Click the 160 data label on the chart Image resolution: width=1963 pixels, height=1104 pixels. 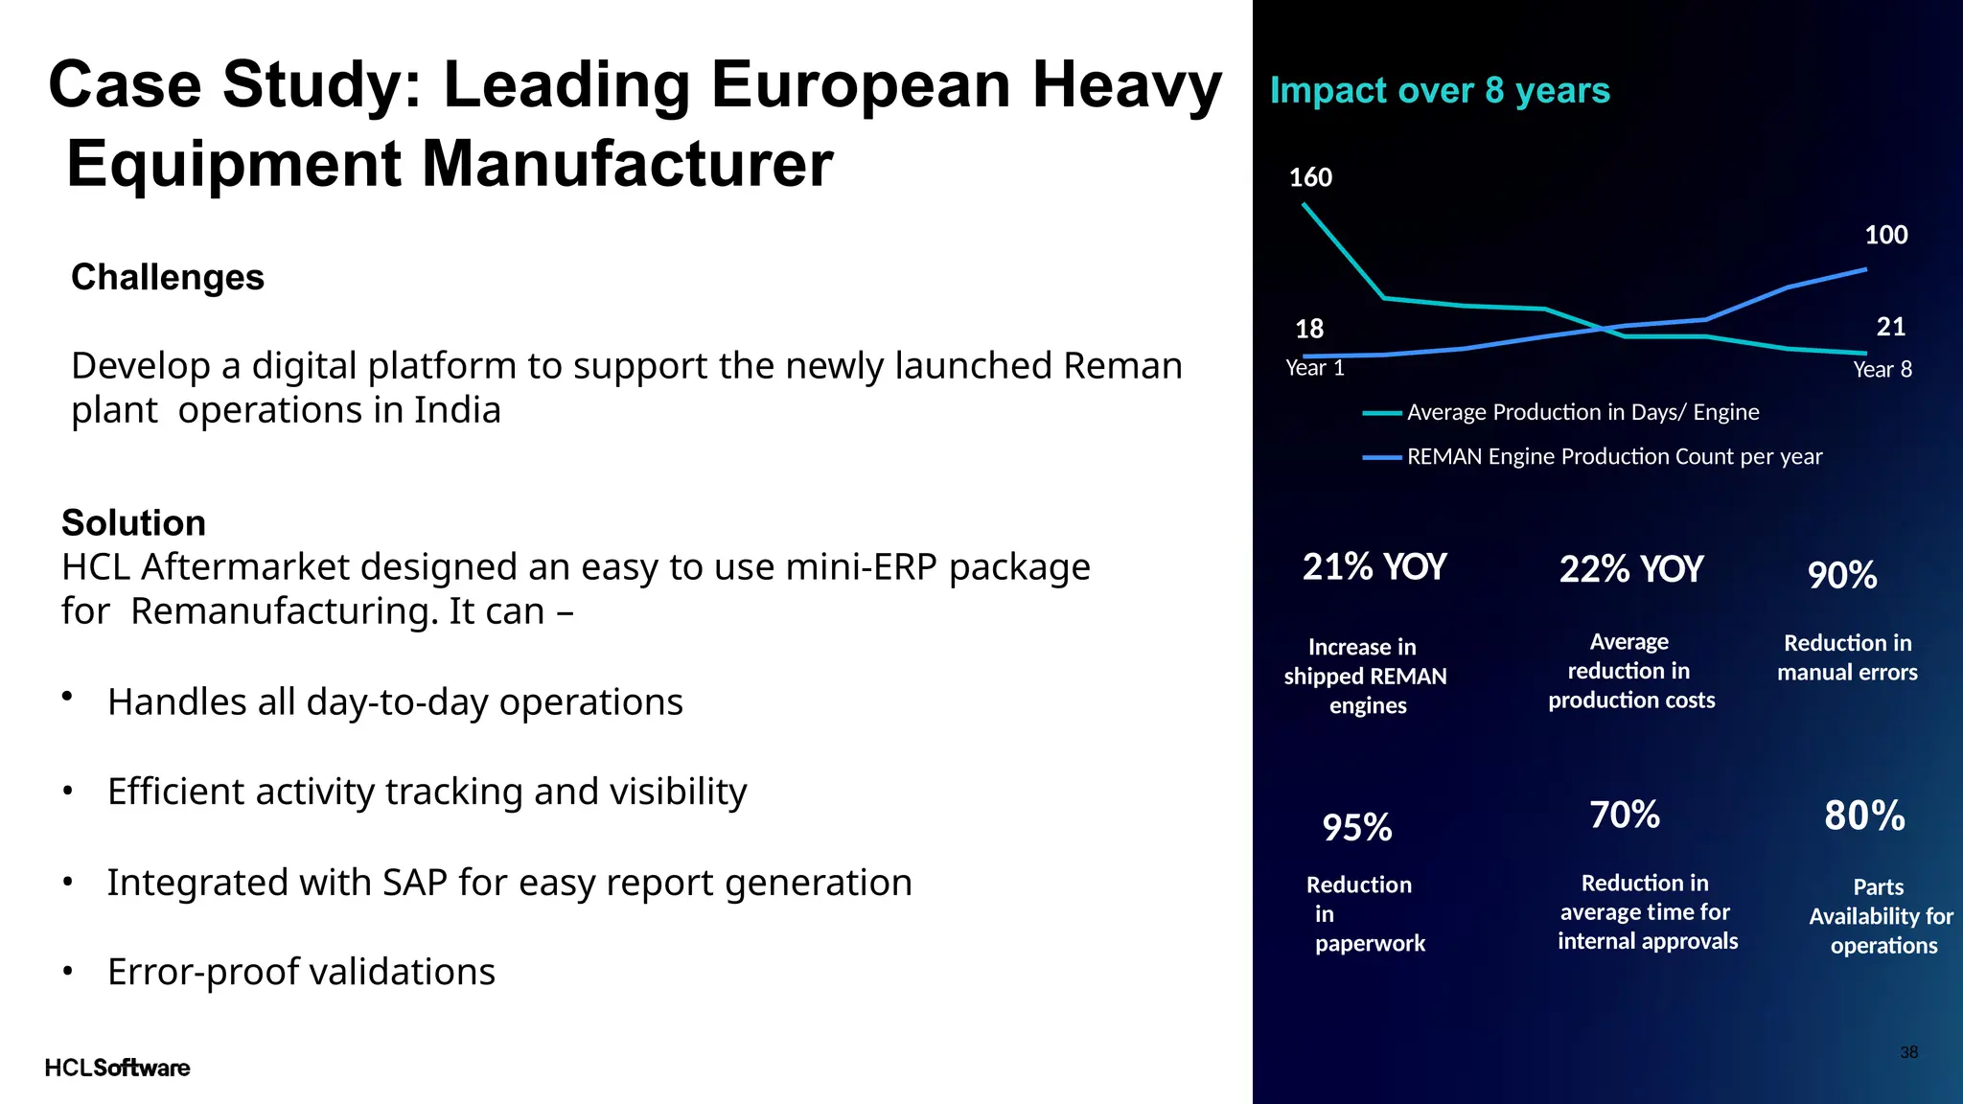pyautogui.click(x=1310, y=177)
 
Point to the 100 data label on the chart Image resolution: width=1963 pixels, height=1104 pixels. pyautogui.click(x=1885, y=235)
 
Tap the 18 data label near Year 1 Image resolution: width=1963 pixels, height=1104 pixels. pyautogui.click(x=1309, y=329)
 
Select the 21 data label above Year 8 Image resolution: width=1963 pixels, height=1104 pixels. pyautogui.click(x=1890, y=327)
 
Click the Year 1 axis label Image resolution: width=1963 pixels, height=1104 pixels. pyautogui.click(x=1314, y=368)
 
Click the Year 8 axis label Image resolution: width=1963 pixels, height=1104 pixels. pyautogui.click(x=1882, y=370)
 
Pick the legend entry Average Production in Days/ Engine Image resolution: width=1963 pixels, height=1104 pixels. pyautogui.click(x=1582, y=412)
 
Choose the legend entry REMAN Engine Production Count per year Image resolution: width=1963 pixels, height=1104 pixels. pyautogui.click(x=1613, y=457)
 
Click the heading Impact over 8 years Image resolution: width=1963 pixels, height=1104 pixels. pyautogui.click(x=1440, y=90)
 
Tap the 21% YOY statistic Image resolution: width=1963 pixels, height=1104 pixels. pyautogui.click(x=1374, y=567)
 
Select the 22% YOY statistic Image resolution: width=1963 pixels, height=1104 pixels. pyautogui.click(x=1630, y=569)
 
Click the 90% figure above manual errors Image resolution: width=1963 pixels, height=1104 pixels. pyautogui.click(x=1841, y=575)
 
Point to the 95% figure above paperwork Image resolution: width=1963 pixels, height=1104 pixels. pyautogui.click(x=1356, y=827)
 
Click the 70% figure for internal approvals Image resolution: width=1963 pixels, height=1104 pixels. pyautogui.click(x=1624, y=815)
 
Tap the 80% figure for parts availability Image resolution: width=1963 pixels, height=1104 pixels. pyautogui.click(x=1863, y=816)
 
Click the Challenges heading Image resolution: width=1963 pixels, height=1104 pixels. pyautogui.click(x=168, y=277)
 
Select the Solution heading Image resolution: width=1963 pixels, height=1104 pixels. pyautogui.click(x=133, y=522)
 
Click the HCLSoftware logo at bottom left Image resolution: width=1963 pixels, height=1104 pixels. pyautogui.click(x=117, y=1068)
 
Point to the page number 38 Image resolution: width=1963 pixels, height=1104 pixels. pyautogui.click(x=1908, y=1052)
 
